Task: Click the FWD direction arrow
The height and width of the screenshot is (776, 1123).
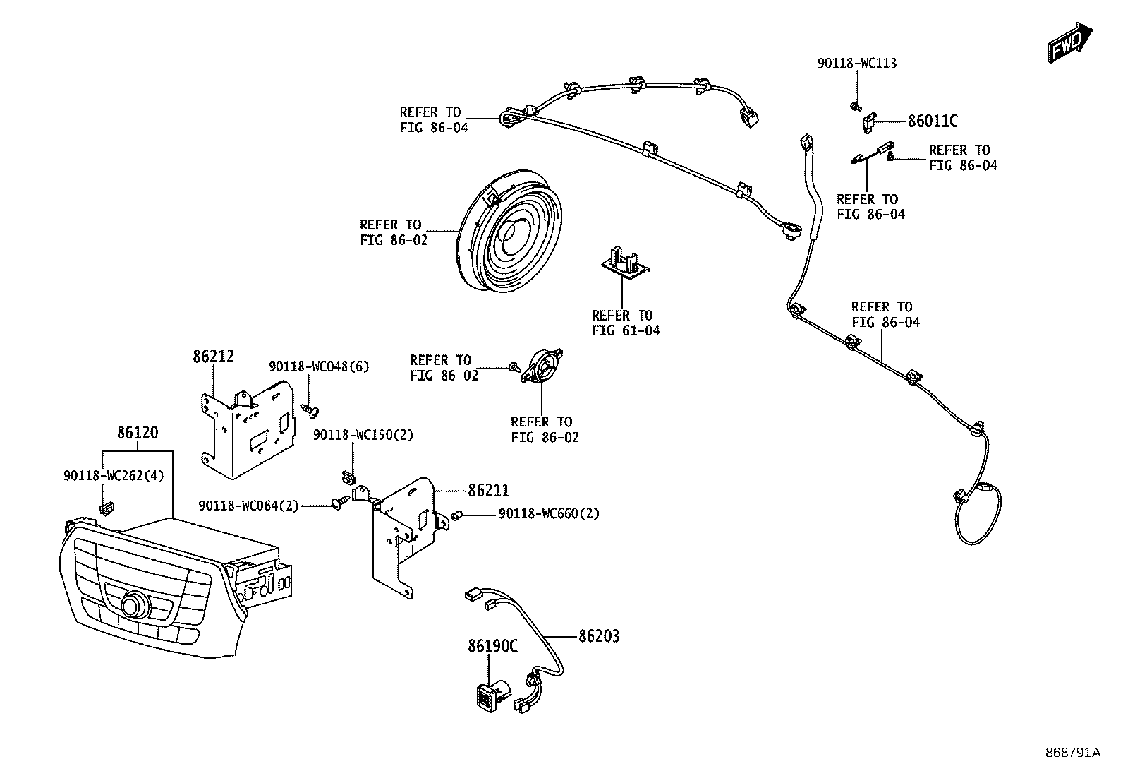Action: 1070,42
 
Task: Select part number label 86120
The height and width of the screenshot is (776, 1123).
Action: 138,433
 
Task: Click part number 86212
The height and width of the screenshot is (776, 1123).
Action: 214,357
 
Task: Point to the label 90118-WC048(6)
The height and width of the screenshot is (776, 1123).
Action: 319,367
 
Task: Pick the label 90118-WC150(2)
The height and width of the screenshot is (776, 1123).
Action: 363,435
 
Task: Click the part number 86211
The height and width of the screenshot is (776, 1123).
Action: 488,491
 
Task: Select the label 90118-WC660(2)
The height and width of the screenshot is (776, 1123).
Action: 549,514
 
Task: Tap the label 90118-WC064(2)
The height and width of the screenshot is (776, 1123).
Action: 249,506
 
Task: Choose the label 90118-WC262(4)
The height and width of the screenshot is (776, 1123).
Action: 114,475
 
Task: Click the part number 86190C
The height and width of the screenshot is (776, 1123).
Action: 493,646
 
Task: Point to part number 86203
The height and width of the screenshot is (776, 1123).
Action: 599,636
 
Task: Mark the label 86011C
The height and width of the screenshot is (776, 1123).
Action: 933,121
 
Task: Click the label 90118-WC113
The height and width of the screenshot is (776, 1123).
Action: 857,64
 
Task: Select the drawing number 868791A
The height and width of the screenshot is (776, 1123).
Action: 1073,753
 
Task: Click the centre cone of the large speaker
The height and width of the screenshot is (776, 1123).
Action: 511,234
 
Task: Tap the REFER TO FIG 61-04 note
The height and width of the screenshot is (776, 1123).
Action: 626,323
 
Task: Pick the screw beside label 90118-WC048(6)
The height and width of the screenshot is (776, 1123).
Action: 310,410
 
